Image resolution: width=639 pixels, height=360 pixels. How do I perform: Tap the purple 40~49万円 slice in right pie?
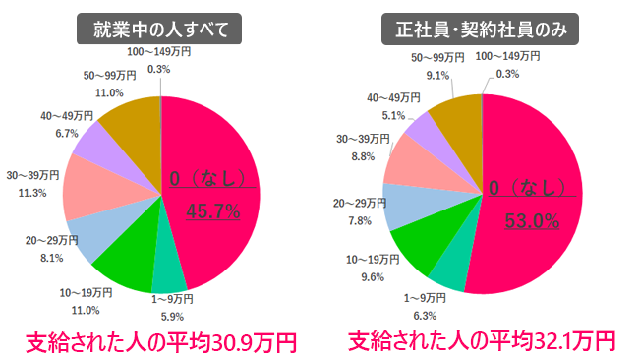[421, 135]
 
